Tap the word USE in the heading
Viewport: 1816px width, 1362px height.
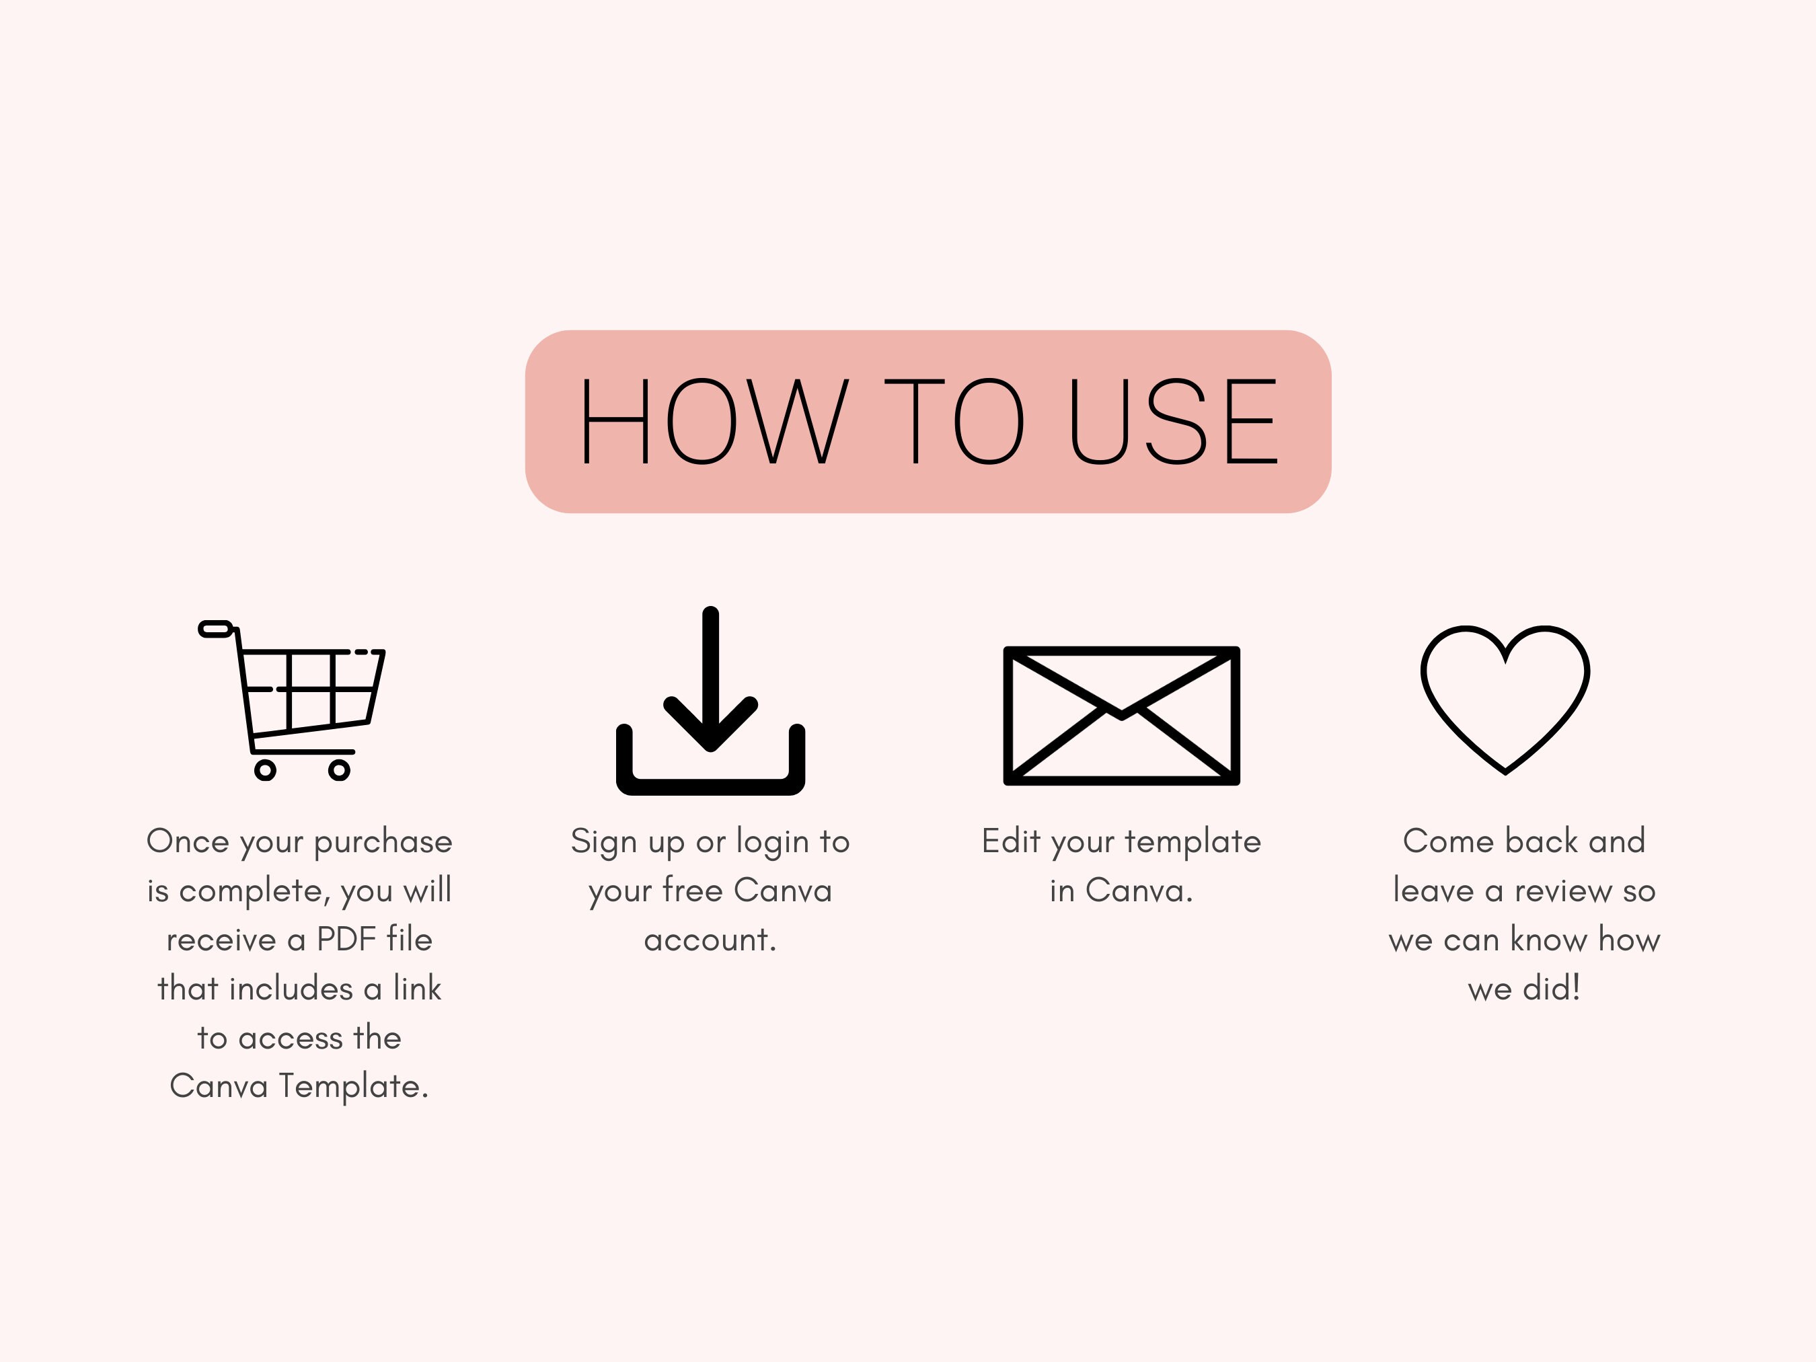tap(1174, 421)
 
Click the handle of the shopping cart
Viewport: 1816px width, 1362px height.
tap(216, 629)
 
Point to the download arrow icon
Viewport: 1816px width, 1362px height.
tap(710, 702)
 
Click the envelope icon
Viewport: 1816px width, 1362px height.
tap(1121, 715)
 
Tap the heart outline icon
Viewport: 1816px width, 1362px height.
tap(1505, 699)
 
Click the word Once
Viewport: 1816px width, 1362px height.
tap(187, 841)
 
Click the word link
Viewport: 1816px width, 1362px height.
tap(417, 989)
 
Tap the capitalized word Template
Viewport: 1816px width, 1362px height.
tap(353, 1087)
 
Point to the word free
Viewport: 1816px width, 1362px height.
tap(692, 891)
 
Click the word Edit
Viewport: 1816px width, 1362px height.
tap(1011, 841)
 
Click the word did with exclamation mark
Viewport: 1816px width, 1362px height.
tap(1551, 989)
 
